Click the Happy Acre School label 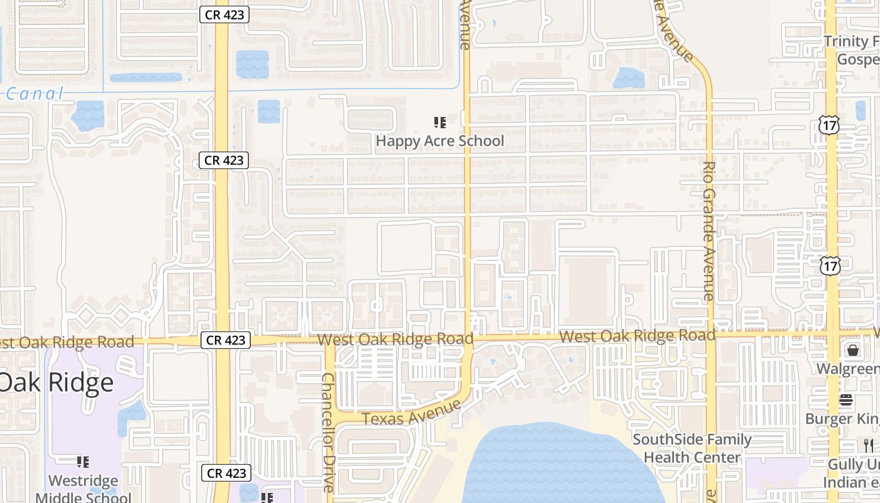tap(439, 141)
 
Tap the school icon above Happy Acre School tap(440, 122)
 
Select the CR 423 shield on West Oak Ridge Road tap(226, 340)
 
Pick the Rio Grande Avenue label tap(709, 231)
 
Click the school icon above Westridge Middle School tap(82, 462)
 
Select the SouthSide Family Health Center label tap(691, 448)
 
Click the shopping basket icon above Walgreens tap(853, 350)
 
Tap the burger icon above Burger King tap(846, 401)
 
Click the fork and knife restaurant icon tap(868, 446)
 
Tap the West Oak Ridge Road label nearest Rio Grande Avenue tap(637, 336)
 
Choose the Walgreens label tap(847, 368)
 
